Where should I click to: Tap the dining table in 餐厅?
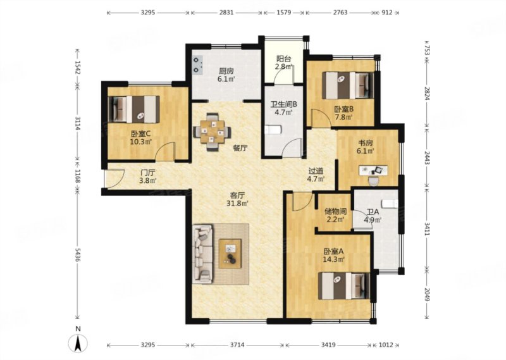[x=212, y=132]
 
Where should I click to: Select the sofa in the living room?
[x=202, y=254]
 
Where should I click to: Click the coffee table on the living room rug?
[x=230, y=254]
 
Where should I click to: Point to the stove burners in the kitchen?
[x=197, y=65]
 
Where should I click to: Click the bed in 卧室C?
[x=133, y=109]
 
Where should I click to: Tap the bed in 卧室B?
[x=348, y=85]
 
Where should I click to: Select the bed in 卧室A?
[x=343, y=286]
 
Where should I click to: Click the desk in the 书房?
[x=373, y=170]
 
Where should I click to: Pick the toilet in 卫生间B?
[x=273, y=130]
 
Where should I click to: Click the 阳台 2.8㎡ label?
[x=284, y=63]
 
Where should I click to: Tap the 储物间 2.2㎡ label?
[x=335, y=215]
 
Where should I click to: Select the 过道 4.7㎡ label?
[x=316, y=175]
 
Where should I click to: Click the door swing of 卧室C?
[x=165, y=151]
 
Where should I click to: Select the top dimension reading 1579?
[x=283, y=13]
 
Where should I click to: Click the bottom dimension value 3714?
[x=237, y=345]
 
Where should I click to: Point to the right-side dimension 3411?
[x=427, y=229]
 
